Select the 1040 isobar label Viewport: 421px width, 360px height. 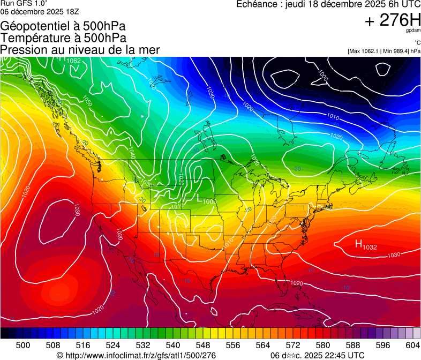pos(132,153)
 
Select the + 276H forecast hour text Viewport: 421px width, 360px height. pos(392,21)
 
